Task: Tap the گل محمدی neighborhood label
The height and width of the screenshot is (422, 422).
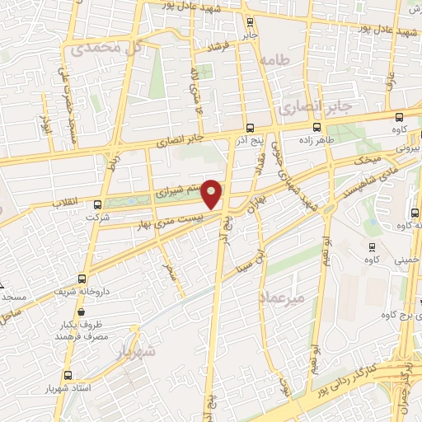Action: point(108,48)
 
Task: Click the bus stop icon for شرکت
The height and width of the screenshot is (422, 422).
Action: point(98,204)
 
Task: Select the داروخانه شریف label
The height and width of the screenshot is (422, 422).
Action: point(79,291)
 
